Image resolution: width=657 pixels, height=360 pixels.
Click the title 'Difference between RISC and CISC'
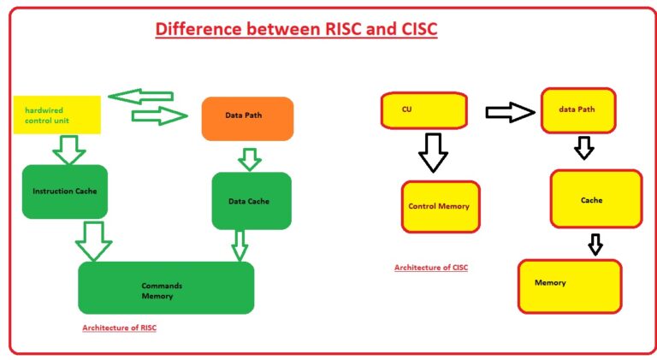coord(296,30)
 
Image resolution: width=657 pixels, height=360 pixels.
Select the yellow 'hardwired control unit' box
coord(56,115)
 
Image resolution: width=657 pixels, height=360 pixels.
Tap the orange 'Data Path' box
coord(247,118)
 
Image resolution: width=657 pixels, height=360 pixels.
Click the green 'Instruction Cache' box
coord(64,191)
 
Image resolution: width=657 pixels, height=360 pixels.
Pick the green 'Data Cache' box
coord(252,201)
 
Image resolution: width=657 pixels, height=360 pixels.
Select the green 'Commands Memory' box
coord(166,288)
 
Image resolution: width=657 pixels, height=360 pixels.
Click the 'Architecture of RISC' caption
coord(119,328)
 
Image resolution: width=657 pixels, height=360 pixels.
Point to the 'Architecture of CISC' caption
coord(431,268)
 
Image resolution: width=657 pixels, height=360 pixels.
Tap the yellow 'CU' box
coord(423,110)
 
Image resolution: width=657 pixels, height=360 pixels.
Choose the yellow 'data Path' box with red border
coord(578,111)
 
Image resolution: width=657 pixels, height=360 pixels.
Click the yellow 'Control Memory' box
coord(440,206)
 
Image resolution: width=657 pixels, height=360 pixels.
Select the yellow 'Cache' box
coord(595,199)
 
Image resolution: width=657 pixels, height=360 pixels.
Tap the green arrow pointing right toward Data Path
coord(159,115)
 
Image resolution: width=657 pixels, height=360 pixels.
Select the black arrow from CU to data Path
coord(509,112)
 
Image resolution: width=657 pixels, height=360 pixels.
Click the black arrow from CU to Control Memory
coord(433,153)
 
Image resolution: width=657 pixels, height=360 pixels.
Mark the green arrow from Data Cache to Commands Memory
coord(240,245)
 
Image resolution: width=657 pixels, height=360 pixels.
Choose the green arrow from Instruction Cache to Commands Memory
coord(94,241)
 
